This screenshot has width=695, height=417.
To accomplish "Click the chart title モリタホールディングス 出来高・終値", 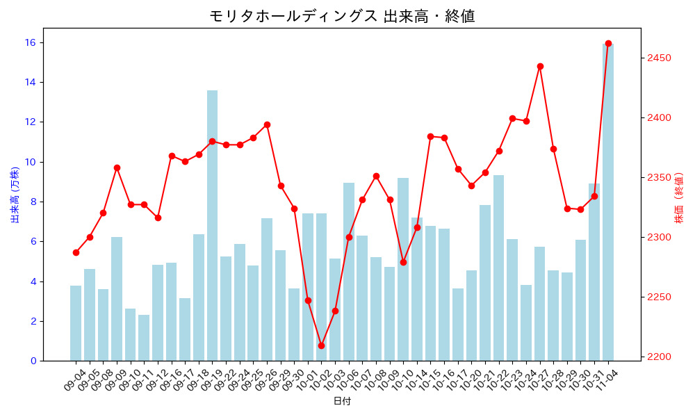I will (342, 15).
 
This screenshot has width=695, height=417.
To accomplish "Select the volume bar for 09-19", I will (212, 226).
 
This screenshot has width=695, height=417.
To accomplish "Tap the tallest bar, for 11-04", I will (608, 202).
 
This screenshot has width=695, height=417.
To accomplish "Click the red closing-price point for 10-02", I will (321, 345).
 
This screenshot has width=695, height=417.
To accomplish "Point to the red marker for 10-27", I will (540, 66).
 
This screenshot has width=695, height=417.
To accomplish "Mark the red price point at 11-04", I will (608, 43).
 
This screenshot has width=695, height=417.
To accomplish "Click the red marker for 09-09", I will (117, 167).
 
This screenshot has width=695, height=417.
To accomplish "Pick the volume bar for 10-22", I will (499, 268).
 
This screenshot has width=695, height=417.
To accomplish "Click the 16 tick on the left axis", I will (31, 42).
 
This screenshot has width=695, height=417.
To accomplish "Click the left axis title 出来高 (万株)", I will (15, 195).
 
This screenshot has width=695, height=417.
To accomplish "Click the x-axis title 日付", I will (342, 401).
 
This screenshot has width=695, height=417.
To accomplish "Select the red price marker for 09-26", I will (267, 124).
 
